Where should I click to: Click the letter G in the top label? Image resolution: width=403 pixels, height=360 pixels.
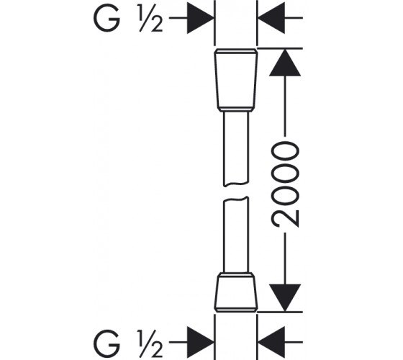point(107,18)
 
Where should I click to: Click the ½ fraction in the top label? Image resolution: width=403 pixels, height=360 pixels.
point(151,19)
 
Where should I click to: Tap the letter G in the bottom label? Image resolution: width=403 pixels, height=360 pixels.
point(107,343)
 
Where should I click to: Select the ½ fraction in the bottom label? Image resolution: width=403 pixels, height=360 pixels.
point(151,343)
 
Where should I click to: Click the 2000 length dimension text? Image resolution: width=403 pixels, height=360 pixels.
point(286,184)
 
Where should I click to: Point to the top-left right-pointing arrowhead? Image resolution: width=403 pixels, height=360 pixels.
point(200,18)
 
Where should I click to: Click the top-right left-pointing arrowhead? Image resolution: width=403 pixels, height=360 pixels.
point(271,18)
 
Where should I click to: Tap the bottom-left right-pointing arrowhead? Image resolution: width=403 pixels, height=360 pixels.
point(200,342)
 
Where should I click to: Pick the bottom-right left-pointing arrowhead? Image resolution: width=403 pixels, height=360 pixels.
point(271,342)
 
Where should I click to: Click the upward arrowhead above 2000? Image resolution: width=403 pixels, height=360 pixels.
point(285,63)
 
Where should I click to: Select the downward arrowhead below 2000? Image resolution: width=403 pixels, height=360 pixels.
point(285,297)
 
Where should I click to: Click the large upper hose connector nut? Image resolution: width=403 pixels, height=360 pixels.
point(236,80)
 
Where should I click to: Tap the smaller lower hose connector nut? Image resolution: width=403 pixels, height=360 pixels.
point(236,292)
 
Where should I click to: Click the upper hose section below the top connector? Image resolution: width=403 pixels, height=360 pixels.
point(236,148)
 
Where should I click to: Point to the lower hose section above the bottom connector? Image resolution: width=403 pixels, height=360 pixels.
point(236,235)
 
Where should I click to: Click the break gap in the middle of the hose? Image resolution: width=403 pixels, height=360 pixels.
point(236,192)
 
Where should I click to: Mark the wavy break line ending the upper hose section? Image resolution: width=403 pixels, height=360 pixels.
point(236,184)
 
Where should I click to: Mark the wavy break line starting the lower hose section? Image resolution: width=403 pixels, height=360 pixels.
point(236,199)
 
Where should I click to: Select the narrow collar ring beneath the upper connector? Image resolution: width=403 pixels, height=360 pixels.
point(236,109)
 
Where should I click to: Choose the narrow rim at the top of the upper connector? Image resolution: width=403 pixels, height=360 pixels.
point(236,51)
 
